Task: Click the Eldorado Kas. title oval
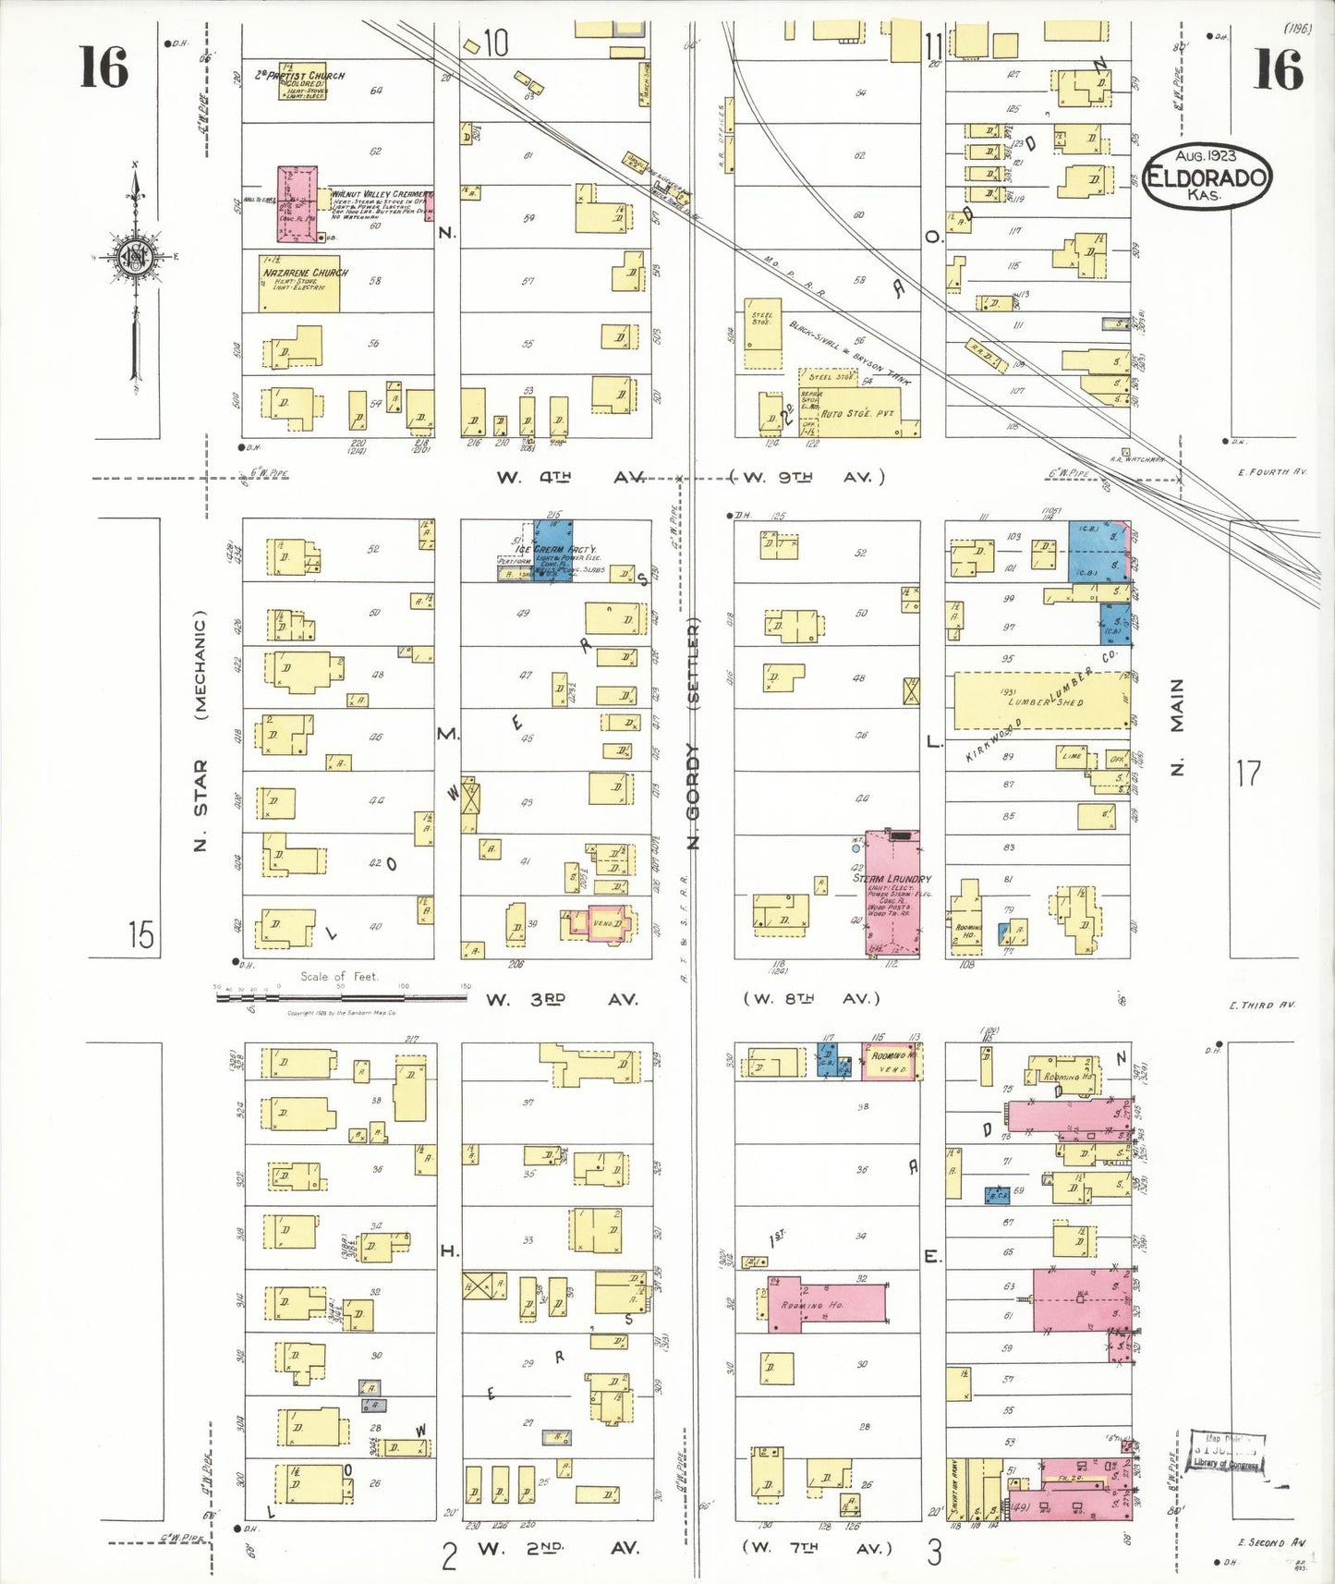1207,177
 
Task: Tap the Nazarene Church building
299,283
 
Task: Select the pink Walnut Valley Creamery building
297,204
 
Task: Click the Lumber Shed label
1044,701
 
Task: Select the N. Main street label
1177,727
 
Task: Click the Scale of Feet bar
342,996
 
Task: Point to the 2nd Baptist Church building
302,81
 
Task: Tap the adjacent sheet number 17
1247,774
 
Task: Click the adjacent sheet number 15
140,935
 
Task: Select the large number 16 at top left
103,68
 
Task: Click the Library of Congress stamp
1226,1452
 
